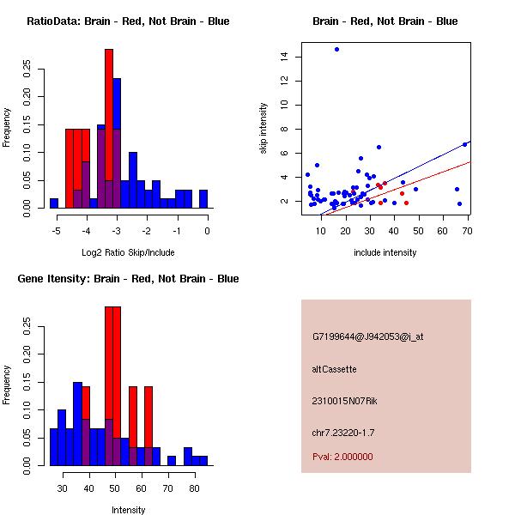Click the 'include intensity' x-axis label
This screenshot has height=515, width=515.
385,252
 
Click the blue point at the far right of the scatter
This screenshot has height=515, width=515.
464,144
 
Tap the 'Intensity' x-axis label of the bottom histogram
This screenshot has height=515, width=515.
128,510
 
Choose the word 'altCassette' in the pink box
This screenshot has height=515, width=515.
334,369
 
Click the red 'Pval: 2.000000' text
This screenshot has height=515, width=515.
342,457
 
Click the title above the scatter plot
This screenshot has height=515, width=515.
385,21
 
